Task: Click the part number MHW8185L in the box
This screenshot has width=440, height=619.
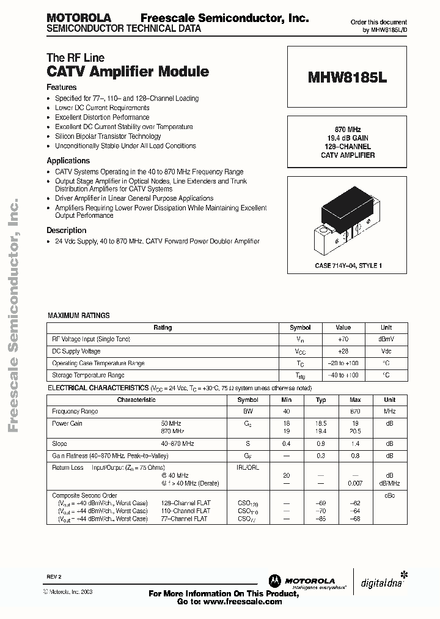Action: pyautogui.click(x=348, y=78)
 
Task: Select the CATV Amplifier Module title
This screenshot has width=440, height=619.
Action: pyautogui.click(x=128, y=72)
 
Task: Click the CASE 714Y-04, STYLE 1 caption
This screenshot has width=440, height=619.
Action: pyautogui.click(x=348, y=266)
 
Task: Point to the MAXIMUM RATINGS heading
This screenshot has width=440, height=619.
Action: pyautogui.click(x=79, y=316)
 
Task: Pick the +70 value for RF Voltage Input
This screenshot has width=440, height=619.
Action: pyautogui.click(x=343, y=339)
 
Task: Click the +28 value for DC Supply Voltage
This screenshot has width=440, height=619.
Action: pyautogui.click(x=343, y=351)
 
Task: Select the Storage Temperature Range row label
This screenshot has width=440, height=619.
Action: pyautogui.click(x=88, y=375)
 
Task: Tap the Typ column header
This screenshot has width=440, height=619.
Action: pyautogui.click(x=321, y=399)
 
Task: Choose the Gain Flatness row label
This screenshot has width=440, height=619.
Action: pyautogui.click(x=110, y=455)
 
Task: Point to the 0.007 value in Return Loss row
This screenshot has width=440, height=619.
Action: pyautogui.click(x=355, y=483)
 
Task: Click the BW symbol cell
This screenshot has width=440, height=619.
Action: pyautogui.click(x=252, y=411)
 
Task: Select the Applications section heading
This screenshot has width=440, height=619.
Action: pyautogui.click(x=68, y=161)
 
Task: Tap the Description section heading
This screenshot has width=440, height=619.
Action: pyautogui.click(x=67, y=231)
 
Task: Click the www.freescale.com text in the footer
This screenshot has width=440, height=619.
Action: pyautogui.click(x=243, y=601)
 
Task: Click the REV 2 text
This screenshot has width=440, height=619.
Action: pyautogui.click(x=54, y=577)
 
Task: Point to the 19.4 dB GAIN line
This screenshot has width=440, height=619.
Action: pyautogui.click(x=348, y=138)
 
